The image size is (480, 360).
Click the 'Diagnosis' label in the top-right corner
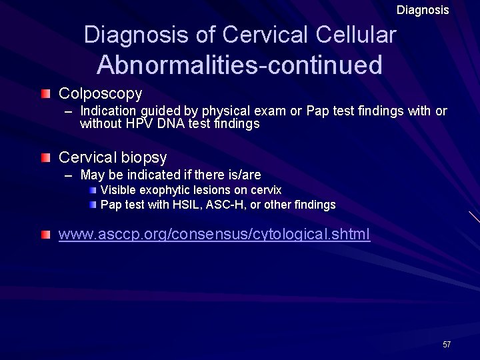[x=423, y=10]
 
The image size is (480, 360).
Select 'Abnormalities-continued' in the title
[x=239, y=65]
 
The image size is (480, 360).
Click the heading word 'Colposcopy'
[x=100, y=93]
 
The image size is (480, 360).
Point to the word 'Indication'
[x=107, y=111]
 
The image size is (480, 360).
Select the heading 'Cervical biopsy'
[x=113, y=157]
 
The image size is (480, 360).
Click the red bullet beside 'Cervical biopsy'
[x=45, y=157]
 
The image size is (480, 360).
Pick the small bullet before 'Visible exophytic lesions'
[x=94, y=191]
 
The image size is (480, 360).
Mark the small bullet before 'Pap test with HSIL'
[x=94, y=205]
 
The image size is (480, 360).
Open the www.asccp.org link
[x=214, y=235]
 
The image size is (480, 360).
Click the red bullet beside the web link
[x=45, y=235]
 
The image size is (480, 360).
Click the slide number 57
[x=447, y=344]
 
